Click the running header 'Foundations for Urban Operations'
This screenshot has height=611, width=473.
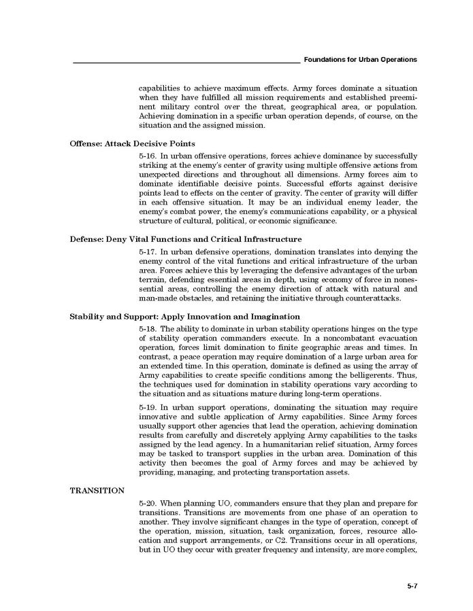click(x=361, y=60)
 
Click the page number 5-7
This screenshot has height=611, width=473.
click(x=412, y=585)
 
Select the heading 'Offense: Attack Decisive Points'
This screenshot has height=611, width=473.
click(x=133, y=143)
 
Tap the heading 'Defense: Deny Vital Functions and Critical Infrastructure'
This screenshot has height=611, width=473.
click(x=186, y=239)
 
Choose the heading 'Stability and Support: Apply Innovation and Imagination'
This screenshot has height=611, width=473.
click(x=185, y=317)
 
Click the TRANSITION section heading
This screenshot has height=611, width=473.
click(x=97, y=490)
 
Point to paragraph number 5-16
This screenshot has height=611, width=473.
click(x=148, y=156)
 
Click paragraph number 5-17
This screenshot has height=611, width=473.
click(x=148, y=251)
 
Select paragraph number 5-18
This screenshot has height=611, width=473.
click(x=148, y=329)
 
